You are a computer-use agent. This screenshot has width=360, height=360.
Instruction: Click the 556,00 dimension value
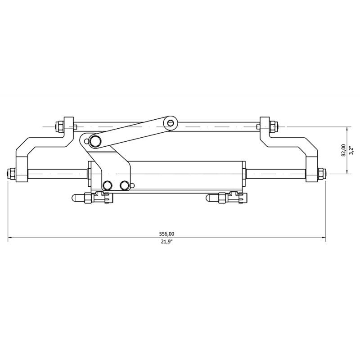click(x=166, y=234)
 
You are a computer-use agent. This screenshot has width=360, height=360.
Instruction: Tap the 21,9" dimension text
click(x=166, y=242)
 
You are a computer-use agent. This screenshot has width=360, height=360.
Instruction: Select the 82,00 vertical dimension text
click(x=343, y=150)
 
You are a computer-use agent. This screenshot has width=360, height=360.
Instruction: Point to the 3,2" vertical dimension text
click(x=351, y=150)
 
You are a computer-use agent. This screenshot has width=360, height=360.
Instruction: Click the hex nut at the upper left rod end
click(x=60, y=126)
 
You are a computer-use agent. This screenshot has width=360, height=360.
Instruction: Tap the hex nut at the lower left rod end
click(x=12, y=174)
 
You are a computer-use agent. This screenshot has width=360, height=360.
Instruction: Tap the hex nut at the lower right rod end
click(x=322, y=174)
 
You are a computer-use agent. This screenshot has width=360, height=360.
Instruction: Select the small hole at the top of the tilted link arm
click(x=170, y=123)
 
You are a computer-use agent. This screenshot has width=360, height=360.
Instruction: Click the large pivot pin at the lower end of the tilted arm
click(x=94, y=140)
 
